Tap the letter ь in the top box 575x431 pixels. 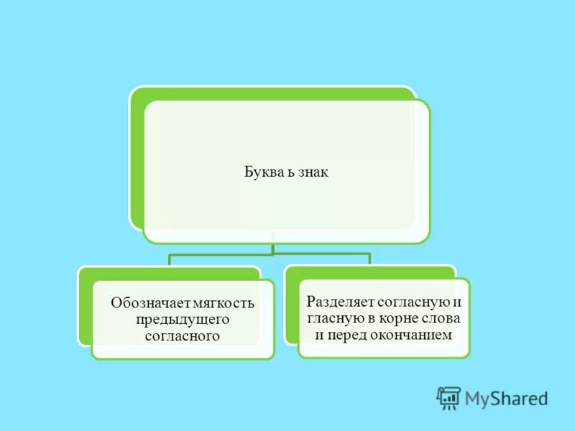pyautogui.click(x=282, y=173)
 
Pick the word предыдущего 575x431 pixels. pyautogui.click(x=182, y=319)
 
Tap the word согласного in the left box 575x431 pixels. pyautogui.click(x=182, y=335)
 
